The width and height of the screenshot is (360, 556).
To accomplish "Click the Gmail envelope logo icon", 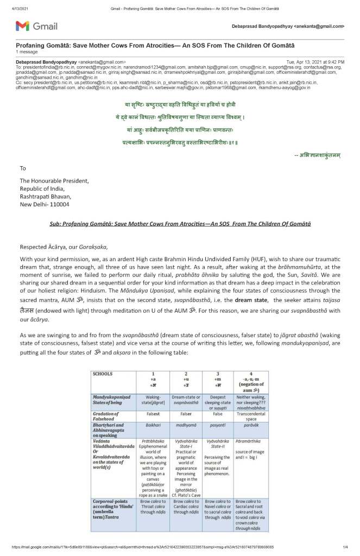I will (22, 26).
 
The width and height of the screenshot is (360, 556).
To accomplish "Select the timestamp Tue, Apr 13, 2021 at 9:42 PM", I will (315, 62).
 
